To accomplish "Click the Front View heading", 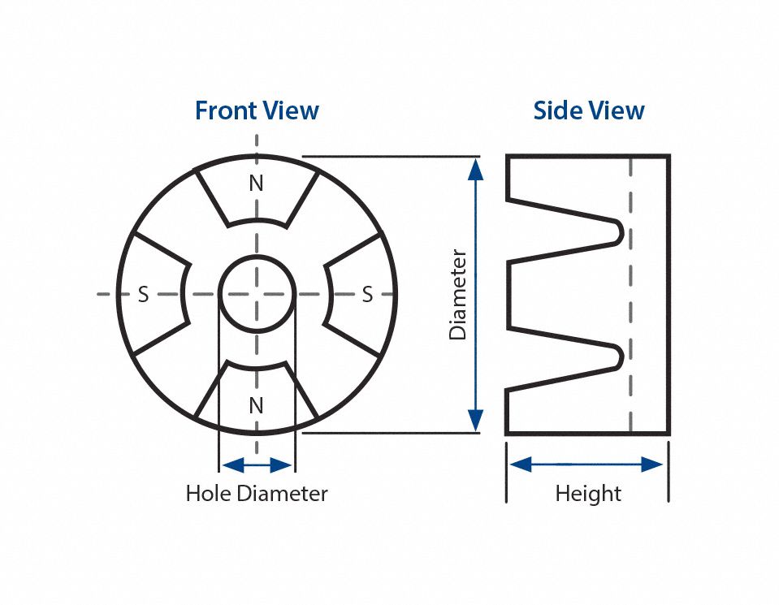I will pyautogui.click(x=257, y=110).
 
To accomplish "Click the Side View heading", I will pyautogui.click(x=589, y=110).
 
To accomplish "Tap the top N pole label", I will pyautogui.click(x=256, y=184).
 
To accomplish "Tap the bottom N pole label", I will pyautogui.click(x=256, y=405).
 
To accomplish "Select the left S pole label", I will pyautogui.click(x=143, y=295).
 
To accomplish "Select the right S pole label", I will pyautogui.click(x=367, y=295).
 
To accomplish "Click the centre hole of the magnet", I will pyautogui.click(x=257, y=293).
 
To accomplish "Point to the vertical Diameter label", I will pyautogui.click(x=458, y=294).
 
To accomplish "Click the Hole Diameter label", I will pyautogui.click(x=257, y=493).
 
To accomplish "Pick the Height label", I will pyautogui.click(x=588, y=493).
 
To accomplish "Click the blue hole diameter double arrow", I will pyautogui.click(x=257, y=465).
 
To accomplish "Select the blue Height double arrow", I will pyautogui.click(x=587, y=465).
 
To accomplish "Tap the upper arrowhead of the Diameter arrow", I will pyautogui.click(x=476, y=168).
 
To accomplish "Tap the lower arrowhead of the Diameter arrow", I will pyautogui.click(x=476, y=421).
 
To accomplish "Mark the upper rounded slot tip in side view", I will pyautogui.click(x=619, y=231).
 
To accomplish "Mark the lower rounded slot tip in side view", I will pyautogui.click(x=619, y=355).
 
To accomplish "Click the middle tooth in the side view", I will pyautogui.click(x=560, y=294).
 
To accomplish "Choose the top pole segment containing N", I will pyautogui.click(x=256, y=195).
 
